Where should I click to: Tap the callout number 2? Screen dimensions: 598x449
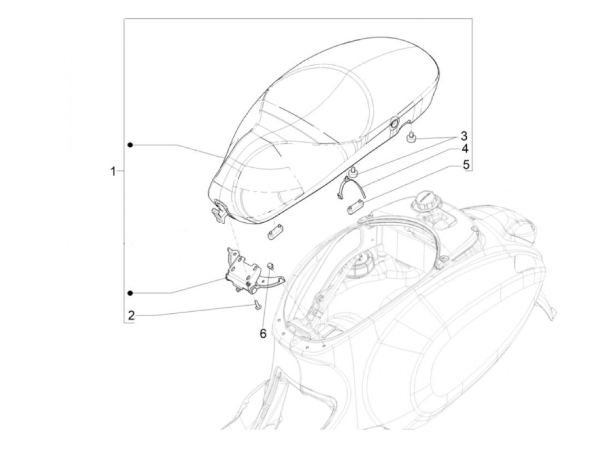(131, 316)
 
